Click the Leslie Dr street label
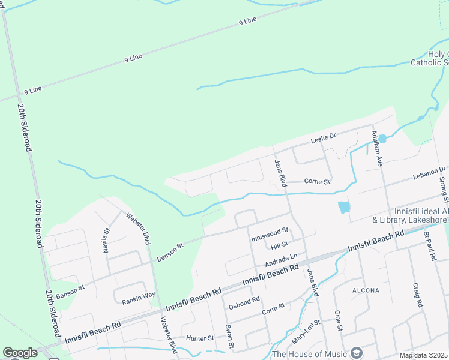(323, 139)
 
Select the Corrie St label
(317, 181)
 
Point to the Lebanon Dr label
(429, 173)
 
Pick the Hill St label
(280, 245)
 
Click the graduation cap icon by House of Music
(357, 353)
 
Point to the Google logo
(20, 353)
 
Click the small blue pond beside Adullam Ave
(382, 139)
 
